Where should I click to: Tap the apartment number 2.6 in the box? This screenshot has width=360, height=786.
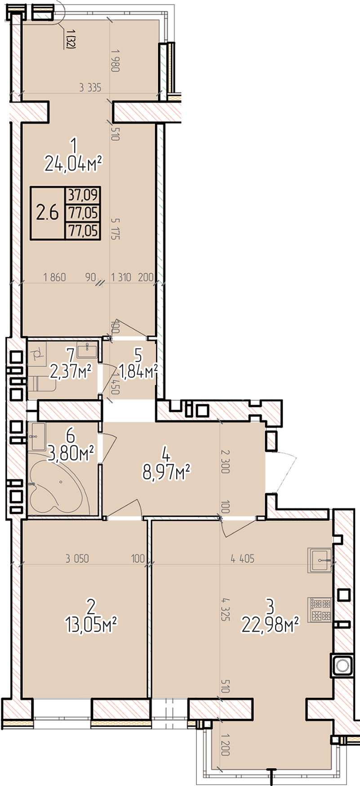coord(48,212)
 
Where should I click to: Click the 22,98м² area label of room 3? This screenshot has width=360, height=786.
coord(270,625)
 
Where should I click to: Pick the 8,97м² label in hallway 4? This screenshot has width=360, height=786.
coord(167,473)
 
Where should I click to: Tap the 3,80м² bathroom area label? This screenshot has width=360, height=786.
coord(71,454)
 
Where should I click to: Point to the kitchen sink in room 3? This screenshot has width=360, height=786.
coord(320,560)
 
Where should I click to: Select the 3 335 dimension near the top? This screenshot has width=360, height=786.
coord(90,87)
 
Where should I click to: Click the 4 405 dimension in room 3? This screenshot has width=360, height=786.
coord(242,558)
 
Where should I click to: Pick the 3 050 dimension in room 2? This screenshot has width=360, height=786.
coord(77,558)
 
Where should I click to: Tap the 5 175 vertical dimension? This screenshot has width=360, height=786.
coord(115,228)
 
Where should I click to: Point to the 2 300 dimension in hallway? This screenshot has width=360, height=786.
coord(225,462)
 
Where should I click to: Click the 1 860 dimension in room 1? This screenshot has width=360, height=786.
coord(54,277)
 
